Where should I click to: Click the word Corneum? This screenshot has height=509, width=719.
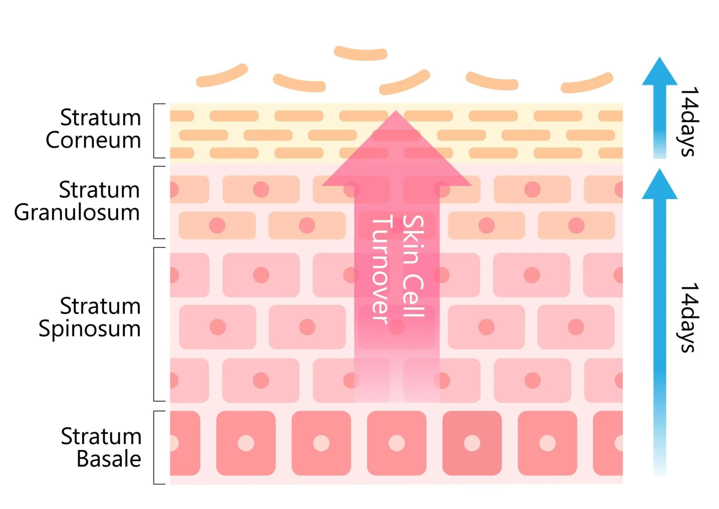93,140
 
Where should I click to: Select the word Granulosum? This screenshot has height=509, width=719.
77,213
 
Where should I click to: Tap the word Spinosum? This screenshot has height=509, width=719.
90,329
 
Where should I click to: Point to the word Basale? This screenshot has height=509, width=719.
109,459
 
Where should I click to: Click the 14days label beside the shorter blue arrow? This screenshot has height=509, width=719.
689,121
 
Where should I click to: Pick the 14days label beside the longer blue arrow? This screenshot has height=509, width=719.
689,317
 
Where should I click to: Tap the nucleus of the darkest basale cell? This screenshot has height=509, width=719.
472,443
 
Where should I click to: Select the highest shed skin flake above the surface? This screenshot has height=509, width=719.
361,53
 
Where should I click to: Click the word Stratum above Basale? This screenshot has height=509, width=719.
101,436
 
